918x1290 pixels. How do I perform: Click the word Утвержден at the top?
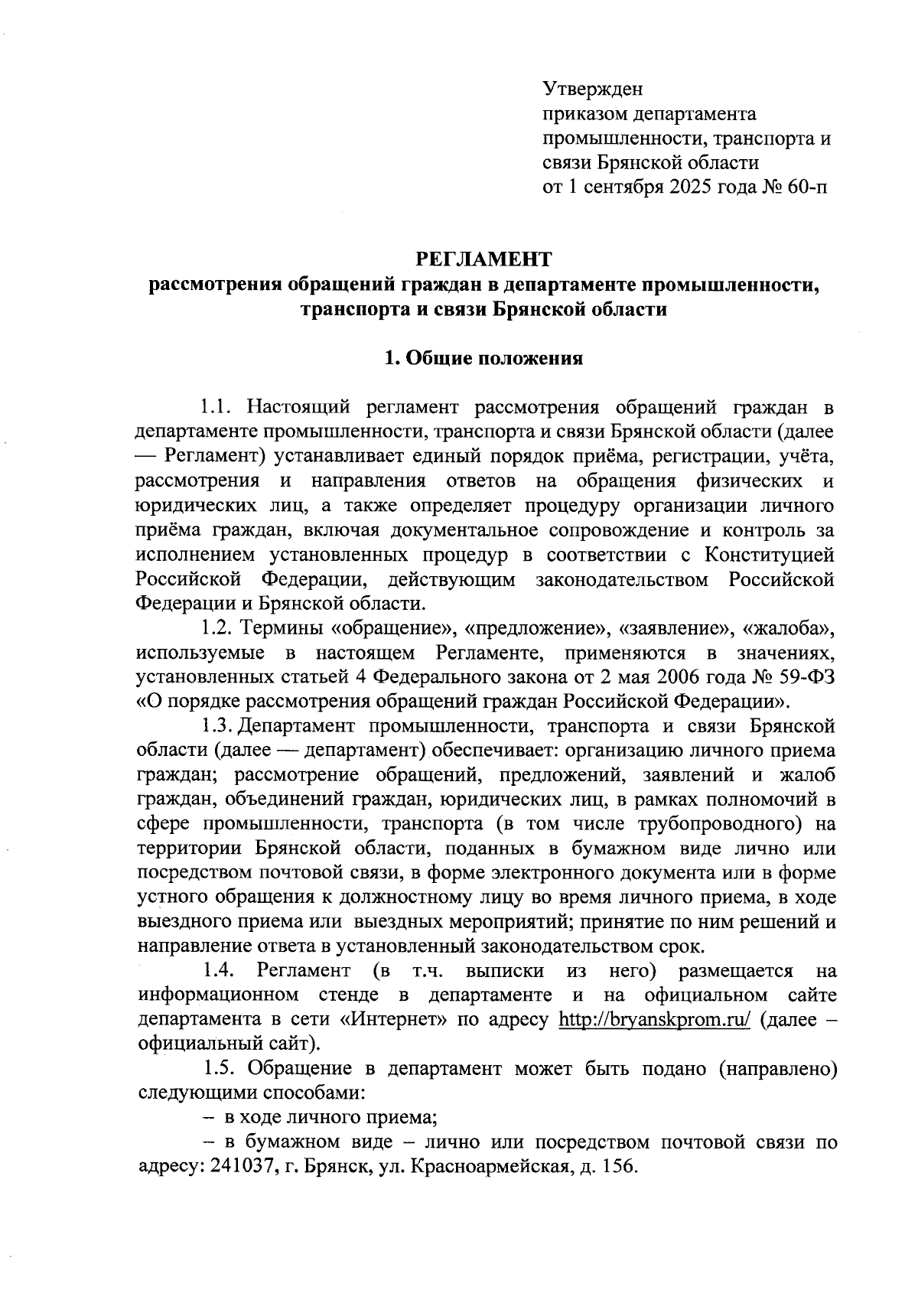[593, 89]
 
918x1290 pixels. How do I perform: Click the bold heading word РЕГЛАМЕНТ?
[483, 259]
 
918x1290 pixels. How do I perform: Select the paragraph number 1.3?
[219, 725]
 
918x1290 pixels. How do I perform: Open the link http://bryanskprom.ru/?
[655, 1020]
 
